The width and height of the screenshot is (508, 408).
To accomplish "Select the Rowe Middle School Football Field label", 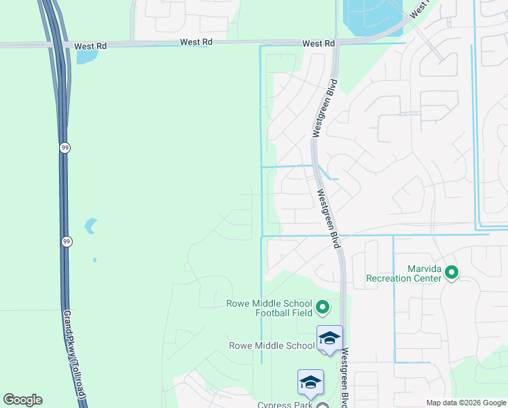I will [x=269, y=308].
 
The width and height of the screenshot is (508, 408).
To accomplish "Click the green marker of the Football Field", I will [x=323, y=309].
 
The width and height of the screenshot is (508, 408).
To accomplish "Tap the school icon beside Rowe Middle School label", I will [x=329, y=338].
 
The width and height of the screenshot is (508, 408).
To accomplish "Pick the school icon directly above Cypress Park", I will [x=310, y=382].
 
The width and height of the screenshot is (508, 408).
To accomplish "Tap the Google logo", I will [x=22, y=400].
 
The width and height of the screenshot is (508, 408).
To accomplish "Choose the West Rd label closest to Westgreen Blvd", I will [x=319, y=44].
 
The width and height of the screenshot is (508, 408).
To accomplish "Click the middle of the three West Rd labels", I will [x=196, y=42].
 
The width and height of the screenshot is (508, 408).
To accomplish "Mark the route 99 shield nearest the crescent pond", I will [x=67, y=241].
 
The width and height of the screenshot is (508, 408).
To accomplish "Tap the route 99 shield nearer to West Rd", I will [x=65, y=148].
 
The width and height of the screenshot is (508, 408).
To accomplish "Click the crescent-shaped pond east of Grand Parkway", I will [x=90, y=226].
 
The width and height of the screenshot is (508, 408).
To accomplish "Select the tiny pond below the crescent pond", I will [x=94, y=259].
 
